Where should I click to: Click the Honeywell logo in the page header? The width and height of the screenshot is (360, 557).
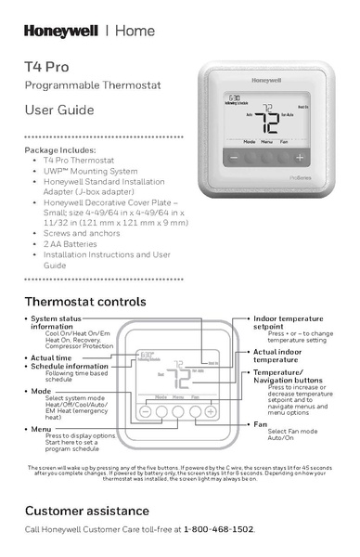pyautogui.click(x=61, y=32)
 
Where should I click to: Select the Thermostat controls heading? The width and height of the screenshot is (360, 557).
pyautogui.click(x=84, y=303)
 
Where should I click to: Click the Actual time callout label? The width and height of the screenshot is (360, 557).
pyautogui.click(x=52, y=357)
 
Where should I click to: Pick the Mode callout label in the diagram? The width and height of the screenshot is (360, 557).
pyautogui.click(x=41, y=391)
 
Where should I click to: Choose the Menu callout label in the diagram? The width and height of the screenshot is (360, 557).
pyautogui.click(x=41, y=429)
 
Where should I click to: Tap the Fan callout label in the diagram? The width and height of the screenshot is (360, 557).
pyautogui.click(x=261, y=424)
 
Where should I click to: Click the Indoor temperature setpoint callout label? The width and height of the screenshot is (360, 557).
pyautogui.click(x=288, y=322)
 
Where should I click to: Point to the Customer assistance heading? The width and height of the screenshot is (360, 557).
pyautogui.click(x=86, y=511)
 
